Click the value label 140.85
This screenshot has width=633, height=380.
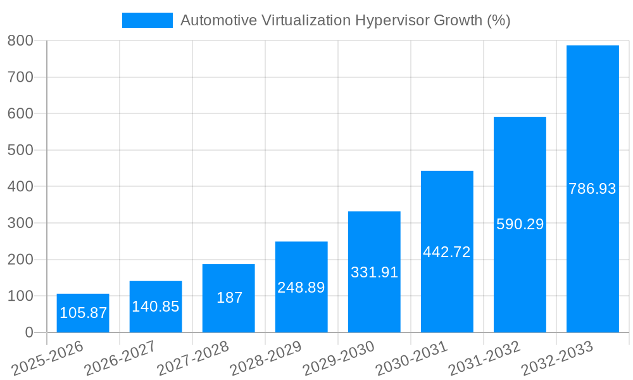(156, 307)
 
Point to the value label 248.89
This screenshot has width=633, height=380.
(301, 288)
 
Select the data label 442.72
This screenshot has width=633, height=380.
(447, 252)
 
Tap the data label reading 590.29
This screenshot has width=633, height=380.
(520, 224)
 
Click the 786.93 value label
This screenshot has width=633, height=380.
(592, 189)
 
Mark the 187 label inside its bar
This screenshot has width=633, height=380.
(229, 298)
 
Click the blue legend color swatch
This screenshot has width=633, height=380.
(147, 20)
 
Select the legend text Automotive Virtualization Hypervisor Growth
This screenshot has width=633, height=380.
(345, 20)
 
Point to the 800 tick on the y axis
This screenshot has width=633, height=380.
(20, 41)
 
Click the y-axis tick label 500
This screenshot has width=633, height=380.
(20, 150)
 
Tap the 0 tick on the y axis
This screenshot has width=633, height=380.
(28, 332)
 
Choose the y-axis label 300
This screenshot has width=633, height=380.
(20, 223)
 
